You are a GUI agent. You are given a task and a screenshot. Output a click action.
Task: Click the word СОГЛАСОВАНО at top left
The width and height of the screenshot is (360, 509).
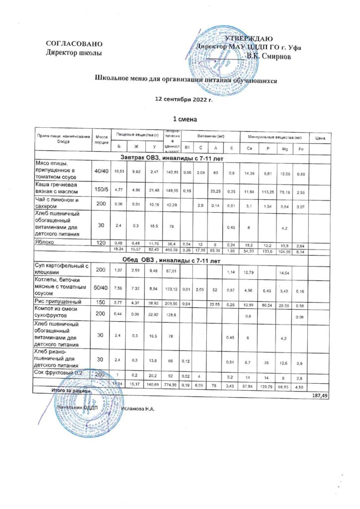point(74,44)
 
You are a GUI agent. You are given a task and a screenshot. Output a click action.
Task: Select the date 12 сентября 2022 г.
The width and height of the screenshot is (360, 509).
point(184,99)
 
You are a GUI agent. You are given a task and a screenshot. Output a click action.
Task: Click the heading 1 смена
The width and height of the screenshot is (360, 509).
point(184,119)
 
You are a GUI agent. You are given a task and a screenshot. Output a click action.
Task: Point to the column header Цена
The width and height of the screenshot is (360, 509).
point(321,138)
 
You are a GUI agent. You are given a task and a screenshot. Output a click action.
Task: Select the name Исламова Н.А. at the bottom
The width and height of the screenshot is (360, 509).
point(139,409)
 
